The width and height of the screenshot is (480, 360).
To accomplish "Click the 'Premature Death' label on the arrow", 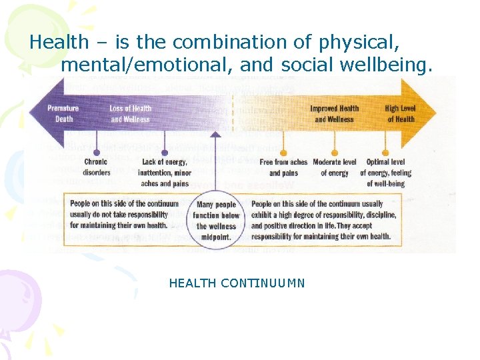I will coord(63,114).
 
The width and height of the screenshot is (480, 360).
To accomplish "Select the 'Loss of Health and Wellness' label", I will coord(130,114).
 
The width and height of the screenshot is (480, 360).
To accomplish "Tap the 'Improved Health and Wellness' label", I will coord(334,114).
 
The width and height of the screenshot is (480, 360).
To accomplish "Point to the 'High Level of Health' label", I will coord(400,114).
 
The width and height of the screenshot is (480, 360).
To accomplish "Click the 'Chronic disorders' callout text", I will coord(96,167).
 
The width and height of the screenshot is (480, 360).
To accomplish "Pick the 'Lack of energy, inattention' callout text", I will coord(165,173).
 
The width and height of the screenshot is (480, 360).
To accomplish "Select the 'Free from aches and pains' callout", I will coord(283,167).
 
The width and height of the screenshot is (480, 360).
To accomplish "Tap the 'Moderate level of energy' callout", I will coord(334,167).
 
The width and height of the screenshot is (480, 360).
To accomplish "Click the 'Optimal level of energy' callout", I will coord(386,173).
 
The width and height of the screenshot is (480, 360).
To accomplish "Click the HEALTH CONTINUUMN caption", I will coord(237,283).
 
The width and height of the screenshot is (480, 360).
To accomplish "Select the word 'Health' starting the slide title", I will coord(59,43).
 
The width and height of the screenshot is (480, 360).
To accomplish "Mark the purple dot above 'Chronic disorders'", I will coord(97,152).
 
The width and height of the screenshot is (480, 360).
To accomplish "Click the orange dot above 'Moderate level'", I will coord(334,152).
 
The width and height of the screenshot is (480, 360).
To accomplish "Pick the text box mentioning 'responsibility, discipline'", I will coord(324,220).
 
